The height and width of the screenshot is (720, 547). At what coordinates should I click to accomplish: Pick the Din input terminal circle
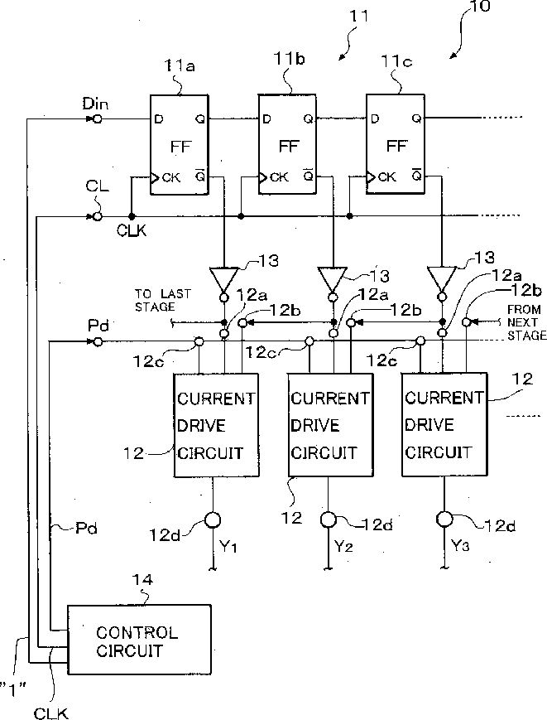pos(97,119)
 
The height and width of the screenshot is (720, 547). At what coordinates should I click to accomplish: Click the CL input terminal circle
pos(97,216)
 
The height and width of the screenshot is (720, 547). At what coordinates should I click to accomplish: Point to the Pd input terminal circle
pos(97,341)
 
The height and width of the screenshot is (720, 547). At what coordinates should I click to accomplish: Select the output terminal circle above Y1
pos(213,520)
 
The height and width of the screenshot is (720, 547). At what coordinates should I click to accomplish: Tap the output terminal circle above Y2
pos(328,519)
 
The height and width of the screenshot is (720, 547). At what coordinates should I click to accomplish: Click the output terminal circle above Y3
pos(444,519)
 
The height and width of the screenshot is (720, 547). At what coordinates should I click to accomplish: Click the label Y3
pos(460,546)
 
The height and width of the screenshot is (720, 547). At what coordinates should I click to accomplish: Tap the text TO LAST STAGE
pos(162,300)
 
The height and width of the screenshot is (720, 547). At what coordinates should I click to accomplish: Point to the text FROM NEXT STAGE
pos(525,322)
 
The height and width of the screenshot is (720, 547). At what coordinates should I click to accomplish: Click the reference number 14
pos(142,579)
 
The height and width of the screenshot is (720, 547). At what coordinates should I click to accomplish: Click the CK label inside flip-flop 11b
pos(279,176)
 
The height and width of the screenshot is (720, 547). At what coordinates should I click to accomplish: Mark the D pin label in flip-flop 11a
pos(159,119)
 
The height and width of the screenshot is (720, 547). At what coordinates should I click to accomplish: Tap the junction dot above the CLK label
pos(132,216)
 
